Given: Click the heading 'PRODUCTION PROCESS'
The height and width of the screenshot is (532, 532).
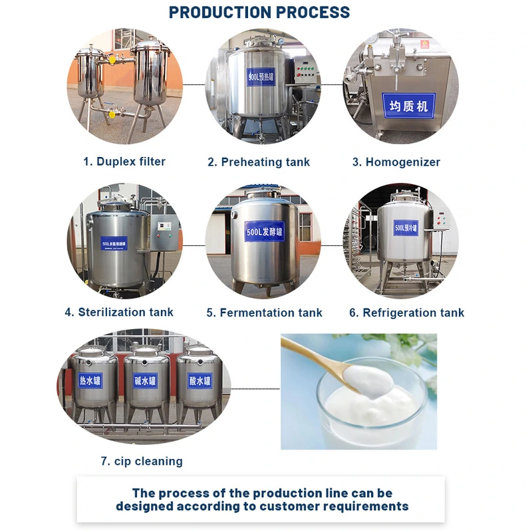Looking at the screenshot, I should pos(259,12).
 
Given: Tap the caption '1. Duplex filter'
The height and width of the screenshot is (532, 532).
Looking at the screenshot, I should pos(124,162).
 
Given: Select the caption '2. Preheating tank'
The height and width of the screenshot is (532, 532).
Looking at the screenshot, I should pos(259,162).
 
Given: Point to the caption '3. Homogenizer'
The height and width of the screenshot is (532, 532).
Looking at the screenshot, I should pos(396,162).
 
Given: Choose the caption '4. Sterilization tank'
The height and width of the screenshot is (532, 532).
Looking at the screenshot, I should pos(119,312).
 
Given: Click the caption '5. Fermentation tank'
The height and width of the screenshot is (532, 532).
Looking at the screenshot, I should pos(264,313).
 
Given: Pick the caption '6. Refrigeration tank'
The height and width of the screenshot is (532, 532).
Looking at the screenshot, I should pos(407,313).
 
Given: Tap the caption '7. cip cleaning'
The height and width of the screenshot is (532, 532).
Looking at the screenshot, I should pos(142,461).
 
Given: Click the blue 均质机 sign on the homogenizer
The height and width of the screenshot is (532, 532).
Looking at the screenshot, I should pos(408,105).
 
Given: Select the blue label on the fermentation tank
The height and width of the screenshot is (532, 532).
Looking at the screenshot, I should pos(264,231).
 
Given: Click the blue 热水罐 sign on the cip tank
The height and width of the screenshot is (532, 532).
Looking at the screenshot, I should pos(93,381).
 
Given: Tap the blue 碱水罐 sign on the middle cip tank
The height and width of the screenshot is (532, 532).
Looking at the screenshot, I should pos(146,382).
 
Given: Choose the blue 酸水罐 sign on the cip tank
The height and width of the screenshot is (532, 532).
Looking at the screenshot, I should pos(199,381).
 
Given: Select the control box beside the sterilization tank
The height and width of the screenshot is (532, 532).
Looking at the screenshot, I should pos(164,233).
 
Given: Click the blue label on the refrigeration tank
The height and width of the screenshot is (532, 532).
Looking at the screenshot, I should pos(405,228).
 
